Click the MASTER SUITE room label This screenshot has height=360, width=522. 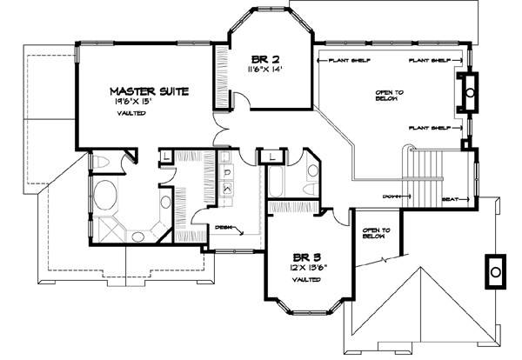[148, 90]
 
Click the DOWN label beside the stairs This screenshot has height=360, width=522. [390, 197]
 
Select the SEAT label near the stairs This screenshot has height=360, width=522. [452, 199]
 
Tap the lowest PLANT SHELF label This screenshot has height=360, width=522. [429, 128]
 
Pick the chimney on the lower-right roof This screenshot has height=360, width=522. [496, 271]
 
